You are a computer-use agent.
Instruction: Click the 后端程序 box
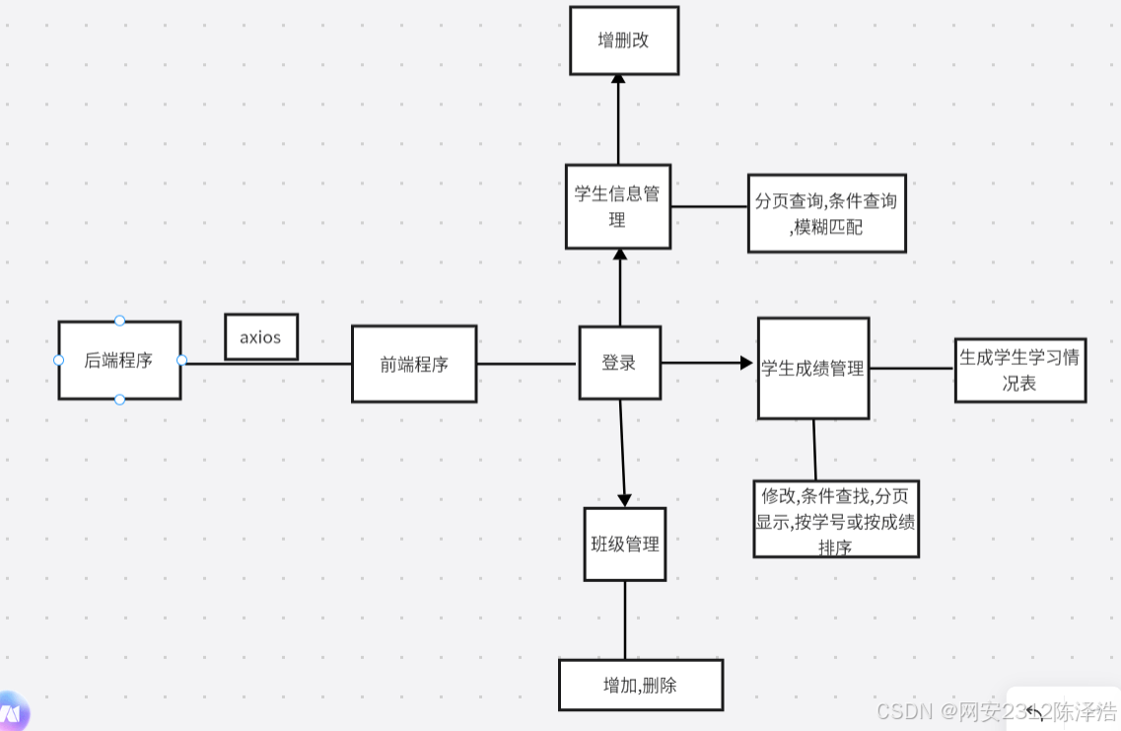point(119,360)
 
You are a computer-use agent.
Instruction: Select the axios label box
point(260,336)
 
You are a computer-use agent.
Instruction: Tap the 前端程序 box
point(414,364)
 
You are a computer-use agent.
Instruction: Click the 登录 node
point(619,363)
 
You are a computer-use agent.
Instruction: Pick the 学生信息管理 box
point(618,206)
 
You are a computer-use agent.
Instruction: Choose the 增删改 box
point(624,40)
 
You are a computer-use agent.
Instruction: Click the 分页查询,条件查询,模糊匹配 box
point(826,213)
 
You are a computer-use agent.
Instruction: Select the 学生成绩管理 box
point(813,368)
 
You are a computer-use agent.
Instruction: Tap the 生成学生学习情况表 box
point(1019,370)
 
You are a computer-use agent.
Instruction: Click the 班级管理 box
point(625,544)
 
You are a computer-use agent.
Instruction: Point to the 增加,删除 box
point(641,685)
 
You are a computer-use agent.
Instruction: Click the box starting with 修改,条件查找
point(836,519)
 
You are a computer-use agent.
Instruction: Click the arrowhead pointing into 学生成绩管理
point(746,363)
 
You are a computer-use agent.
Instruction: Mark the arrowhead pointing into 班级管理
point(624,500)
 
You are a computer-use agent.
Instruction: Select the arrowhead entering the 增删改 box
point(618,80)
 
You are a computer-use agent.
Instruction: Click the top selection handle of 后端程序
point(119,321)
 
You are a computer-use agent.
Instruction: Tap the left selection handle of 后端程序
point(58,360)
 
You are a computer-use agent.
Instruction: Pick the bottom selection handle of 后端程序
point(119,400)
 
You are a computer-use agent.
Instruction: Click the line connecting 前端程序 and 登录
point(526,364)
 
